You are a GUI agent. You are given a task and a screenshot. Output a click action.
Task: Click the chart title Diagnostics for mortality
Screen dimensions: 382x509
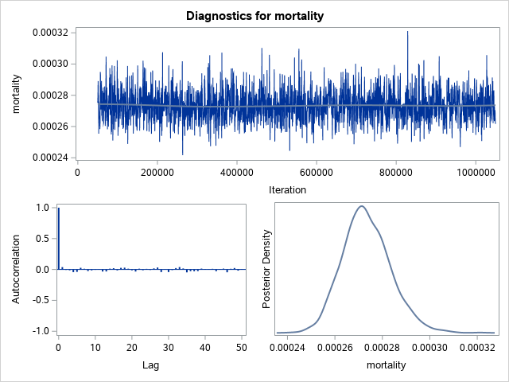(254, 16)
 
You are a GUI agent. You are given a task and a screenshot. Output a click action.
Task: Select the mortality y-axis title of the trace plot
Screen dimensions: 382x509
(17, 95)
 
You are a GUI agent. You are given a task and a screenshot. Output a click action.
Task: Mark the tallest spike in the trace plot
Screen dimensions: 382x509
(407, 33)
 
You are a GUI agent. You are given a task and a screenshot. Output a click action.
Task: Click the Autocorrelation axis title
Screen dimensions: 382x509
(17, 269)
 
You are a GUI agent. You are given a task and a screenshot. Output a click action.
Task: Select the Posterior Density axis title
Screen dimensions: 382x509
(268, 269)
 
